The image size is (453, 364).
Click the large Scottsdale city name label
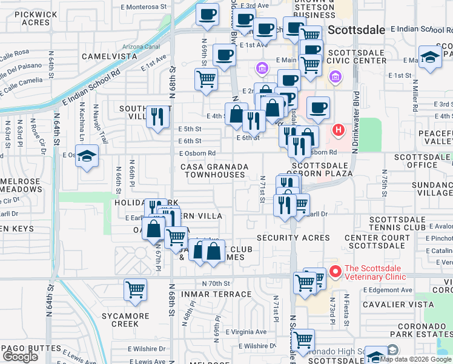357,30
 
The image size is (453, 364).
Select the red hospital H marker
339,130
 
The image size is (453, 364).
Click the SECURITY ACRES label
293,237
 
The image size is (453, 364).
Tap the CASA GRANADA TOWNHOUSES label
214,170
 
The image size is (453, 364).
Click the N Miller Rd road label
415,97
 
